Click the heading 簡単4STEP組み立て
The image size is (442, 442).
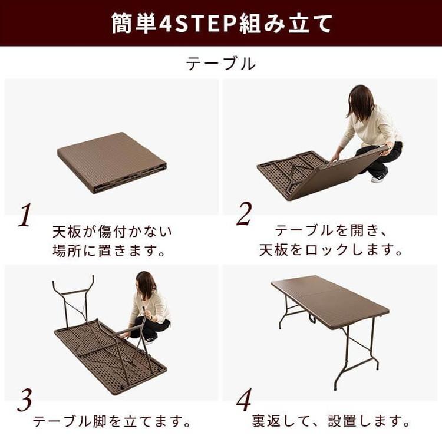click(x=221, y=24)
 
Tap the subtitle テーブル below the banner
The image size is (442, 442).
click(x=221, y=64)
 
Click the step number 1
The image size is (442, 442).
click(x=24, y=217)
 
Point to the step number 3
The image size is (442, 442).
click(x=24, y=402)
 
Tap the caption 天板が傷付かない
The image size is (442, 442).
click(x=112, y=230)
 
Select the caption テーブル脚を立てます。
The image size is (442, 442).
click(x=112, y=422)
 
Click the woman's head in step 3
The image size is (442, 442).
click(x=146, y=284)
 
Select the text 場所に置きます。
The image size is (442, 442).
click(x=112, y=250)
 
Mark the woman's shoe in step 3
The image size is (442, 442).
click(x=151, y=338)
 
